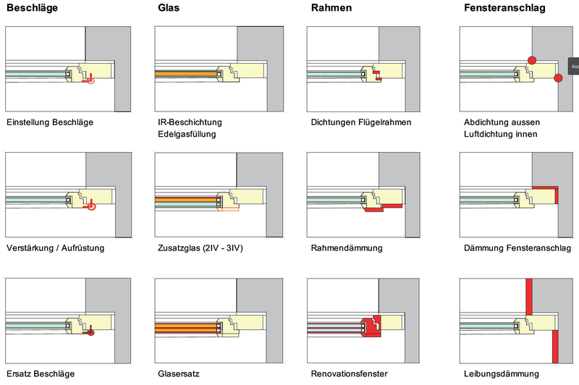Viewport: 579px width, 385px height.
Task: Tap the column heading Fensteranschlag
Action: click(505, 9)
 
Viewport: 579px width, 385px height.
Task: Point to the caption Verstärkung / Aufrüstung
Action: click(55, 248)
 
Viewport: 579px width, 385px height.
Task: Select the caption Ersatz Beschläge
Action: click(41, 374)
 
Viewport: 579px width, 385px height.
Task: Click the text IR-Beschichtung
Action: click(190, 122)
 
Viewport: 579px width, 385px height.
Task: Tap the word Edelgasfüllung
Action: click(186, 134)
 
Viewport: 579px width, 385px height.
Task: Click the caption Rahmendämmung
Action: click(346, 248)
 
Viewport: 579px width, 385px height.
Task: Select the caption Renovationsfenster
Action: click(350, 374)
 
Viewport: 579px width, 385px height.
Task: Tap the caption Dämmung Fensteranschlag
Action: click(517, 248)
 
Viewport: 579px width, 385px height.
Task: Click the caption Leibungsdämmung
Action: click(502, 374)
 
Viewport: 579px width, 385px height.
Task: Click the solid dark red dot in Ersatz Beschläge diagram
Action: click(91, 333)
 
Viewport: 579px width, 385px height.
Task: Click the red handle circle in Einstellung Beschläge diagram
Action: click(90, 82)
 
